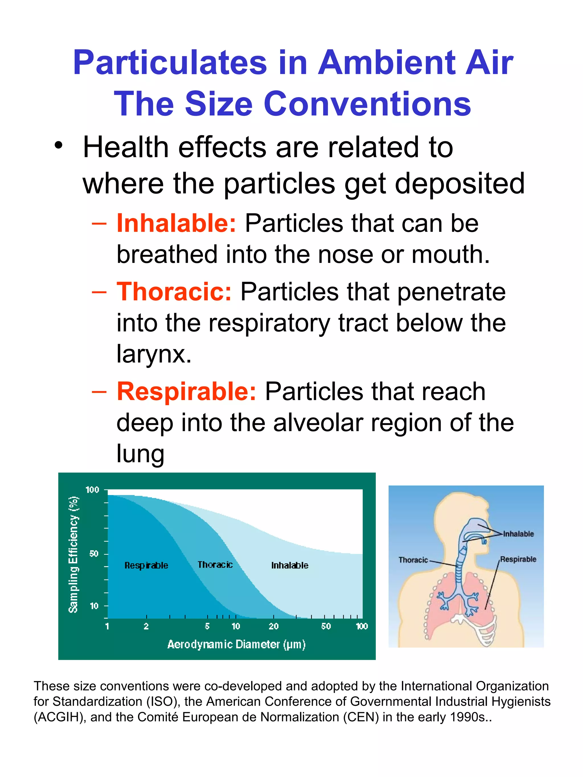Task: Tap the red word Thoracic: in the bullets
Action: (174, 292)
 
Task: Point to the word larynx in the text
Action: (154, 353)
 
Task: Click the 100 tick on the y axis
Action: (93, 490)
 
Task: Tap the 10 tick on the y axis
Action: (94, 606)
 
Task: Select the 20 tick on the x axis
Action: (273, 626)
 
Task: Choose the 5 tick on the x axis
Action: (207, 626)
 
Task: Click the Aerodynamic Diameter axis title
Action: (236, 644)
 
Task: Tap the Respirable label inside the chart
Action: (146, 566)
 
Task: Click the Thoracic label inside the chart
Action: (215, 565)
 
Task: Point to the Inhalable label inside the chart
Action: (290, 566)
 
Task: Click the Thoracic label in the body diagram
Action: (413, 560)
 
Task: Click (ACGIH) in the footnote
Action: (60, 717)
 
